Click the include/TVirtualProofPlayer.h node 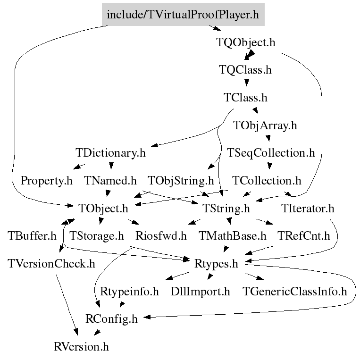(x=183, y=14)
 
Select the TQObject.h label (x=245, y=42)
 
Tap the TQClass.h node (x=245, y=70)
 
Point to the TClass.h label (x=245, y=98)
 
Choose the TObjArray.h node (x=266, y=126)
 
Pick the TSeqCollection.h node (x=271, y=153)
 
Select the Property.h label (x=47, y=180)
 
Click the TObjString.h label (x=181, y=180)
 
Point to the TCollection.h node (x=267, y=180)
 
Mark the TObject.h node (x=104, y=208)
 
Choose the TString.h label (x=226, y=208)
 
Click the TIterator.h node (x=307, y=208)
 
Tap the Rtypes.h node (x=216, y=263)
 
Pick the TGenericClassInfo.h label (x=294, y=291)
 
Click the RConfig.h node (x=112, y=319)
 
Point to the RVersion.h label (x=82, y=347)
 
